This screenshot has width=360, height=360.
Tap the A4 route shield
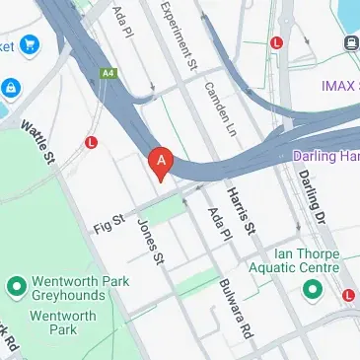(x=108, y=72)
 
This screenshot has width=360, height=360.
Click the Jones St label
(x=149, y=241)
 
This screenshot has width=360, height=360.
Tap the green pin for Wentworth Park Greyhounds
(x=16, y=287)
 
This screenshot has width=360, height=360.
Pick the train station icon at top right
(x=350, y=42)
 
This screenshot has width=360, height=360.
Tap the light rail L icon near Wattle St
(x=92, y=142)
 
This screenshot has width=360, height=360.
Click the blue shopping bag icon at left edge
(x=10, y=88)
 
